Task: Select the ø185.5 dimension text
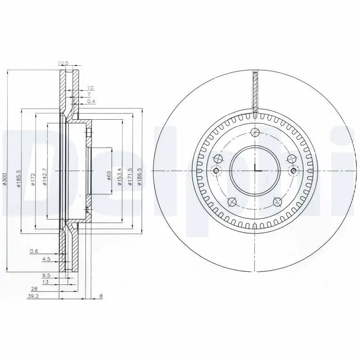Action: [x=18, y=179]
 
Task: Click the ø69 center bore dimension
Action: [x=109, y=175]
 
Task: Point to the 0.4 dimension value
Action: [x=91, y=101]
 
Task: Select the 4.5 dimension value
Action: [x=46, y=259]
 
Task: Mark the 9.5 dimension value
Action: [x=46, y=274]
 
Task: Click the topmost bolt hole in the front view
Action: [x=255, y=132]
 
